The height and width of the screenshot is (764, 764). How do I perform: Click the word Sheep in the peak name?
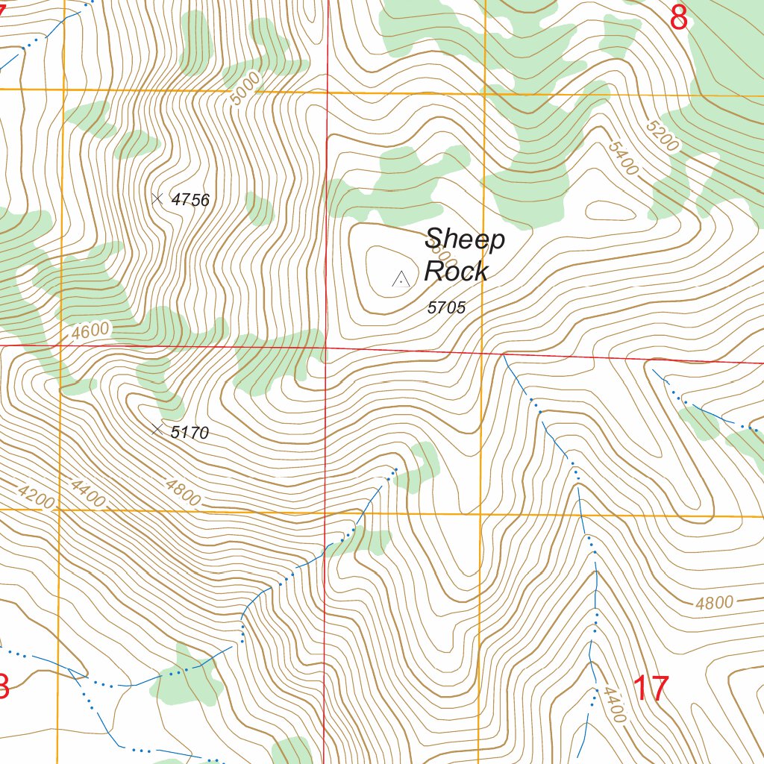[x=465, y=240]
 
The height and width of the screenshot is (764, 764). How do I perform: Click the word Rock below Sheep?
[x=456, y=272]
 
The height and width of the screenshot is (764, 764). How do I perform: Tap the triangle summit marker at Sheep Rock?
[x=401, y=280]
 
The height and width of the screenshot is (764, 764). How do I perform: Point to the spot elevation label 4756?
[x=190, y=200]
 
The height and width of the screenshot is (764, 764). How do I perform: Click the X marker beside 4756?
[x=157, y=198]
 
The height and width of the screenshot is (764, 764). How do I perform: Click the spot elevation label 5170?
[x=190, y=433]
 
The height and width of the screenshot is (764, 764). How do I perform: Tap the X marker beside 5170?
[x=157, y=430]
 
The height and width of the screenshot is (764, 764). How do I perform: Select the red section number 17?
[x=651, y=688]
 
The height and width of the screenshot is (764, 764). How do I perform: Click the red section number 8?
[x=677, y=18]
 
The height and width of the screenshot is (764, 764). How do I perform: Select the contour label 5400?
[x=623, y=159]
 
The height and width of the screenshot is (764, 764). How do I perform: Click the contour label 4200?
[x=36, y=497]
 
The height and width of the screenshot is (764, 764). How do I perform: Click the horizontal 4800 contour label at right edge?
[x=714, y=603]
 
